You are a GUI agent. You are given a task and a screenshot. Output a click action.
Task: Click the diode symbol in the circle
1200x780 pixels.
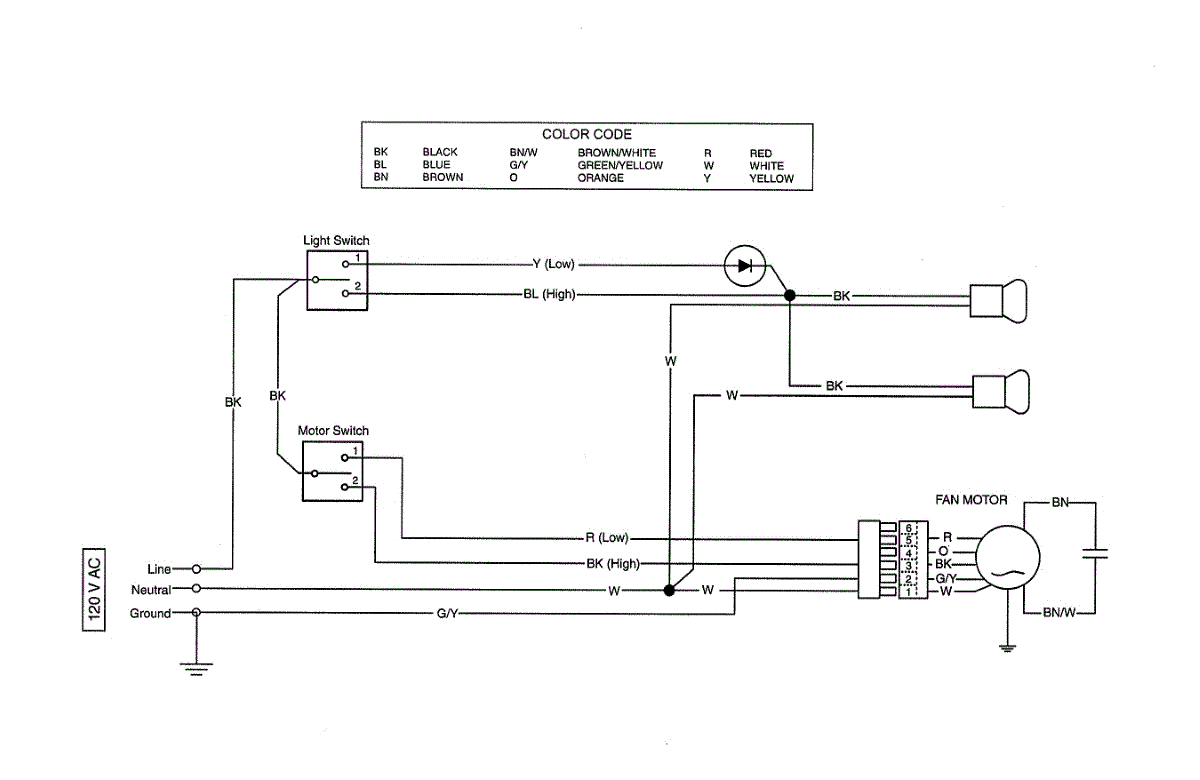pyautogui.click(x=745, y=266)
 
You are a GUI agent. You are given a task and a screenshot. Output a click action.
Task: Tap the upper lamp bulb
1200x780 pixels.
pyautogui.click(x=999, y=301)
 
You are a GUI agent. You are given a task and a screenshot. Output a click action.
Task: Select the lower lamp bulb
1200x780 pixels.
pyautogui.click(x=1001, y=392)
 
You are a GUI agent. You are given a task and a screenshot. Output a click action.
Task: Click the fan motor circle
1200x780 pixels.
pyautogui.click(x=1008, y=557)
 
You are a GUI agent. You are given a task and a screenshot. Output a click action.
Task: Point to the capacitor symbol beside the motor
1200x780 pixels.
pyautogui.click(x=1095, y=553)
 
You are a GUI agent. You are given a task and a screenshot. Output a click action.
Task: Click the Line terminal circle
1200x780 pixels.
pyautogui.click(x=197, y=569)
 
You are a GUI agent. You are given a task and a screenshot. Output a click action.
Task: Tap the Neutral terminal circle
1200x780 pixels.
pyautogui.click(x=197, y=588)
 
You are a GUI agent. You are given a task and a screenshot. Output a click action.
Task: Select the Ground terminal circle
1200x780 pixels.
pyautogui.click(x=197, y=612)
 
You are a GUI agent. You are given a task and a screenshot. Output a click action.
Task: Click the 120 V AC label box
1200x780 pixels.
pyautogui.click(x=94, y=589)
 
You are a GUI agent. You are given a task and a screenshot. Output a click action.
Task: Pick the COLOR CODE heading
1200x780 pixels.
pyautogui.click(x=587, y=134)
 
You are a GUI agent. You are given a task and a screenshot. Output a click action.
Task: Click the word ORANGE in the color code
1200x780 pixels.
pyautogui.click(x=600, y=178)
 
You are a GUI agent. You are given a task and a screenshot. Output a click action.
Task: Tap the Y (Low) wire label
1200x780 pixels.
pyautogui.click(x=553, y=264)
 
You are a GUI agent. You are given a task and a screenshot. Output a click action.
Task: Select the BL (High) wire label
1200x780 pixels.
pyautogui.click(x=549, y=294)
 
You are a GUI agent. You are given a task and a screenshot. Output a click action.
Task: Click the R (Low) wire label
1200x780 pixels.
pyautogui.click(x=607, y=537)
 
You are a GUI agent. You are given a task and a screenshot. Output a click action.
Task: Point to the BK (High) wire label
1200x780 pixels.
pyautogui.click(x=613, y=564)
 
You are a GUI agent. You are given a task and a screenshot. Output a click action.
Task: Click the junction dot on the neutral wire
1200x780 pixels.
pyautogui.click(x=669, y=590)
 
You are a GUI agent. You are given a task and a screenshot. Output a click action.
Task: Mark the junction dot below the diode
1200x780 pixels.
pyautogui.click(x=790, y=295)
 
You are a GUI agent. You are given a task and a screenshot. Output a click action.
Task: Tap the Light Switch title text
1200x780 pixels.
pyautogui.click(x=336, y=241)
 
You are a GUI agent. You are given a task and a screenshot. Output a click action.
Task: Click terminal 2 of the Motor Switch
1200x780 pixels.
pyautogui.click(x=345, y=487)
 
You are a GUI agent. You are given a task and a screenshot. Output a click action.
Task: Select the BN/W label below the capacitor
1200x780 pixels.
pyautogui.click(x=1059, y=612)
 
